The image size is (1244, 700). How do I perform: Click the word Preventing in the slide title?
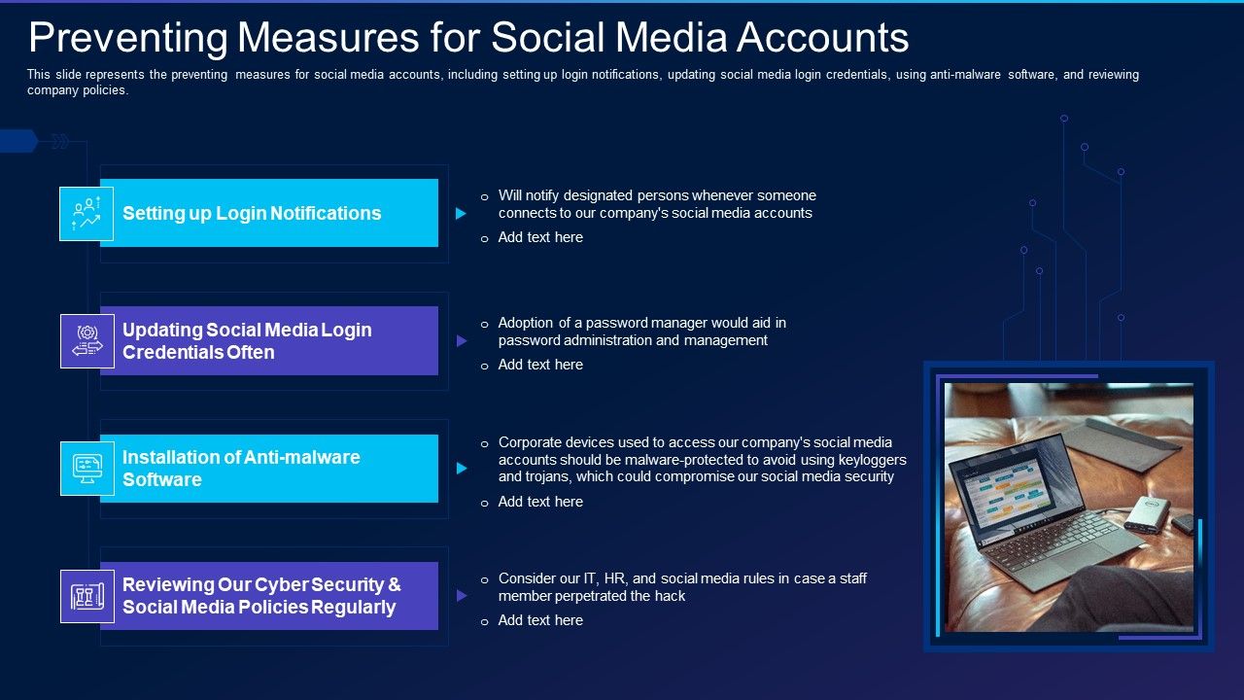click(127, 38)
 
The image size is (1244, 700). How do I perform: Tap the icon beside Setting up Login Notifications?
click(86, 214)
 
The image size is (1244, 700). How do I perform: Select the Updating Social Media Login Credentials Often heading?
click(247, 341)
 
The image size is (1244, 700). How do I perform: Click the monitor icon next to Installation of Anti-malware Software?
click(86, 469)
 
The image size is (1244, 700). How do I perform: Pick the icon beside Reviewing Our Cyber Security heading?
click(86, 596)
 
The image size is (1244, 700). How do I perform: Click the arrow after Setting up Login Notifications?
click(462, 214)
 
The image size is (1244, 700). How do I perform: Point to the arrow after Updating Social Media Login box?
click(462, 341)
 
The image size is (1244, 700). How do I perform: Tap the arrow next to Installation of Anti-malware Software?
click(462, 469)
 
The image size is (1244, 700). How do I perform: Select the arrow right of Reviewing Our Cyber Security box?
click(462, 596)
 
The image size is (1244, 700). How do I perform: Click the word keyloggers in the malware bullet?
click(871, 460)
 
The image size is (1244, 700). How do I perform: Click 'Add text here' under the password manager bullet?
click(540, 365)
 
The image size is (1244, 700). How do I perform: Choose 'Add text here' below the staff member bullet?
click(540, 620)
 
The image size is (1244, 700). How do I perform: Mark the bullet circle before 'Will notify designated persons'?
click(485, 196)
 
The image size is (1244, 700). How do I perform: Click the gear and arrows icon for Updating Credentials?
click(86, 341)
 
